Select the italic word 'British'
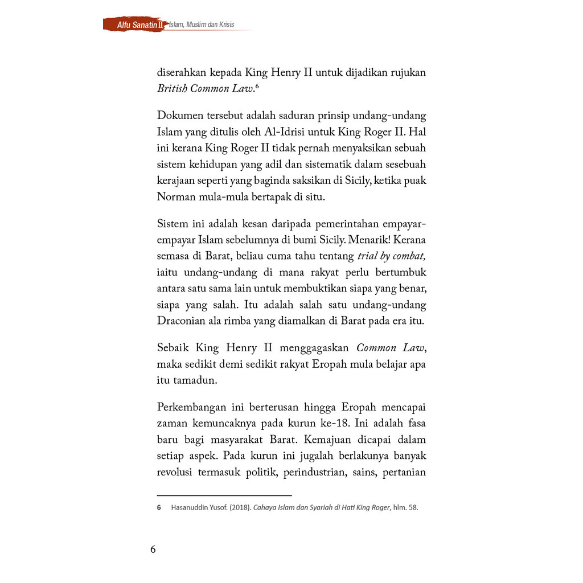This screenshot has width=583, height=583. pyautogui.click(x=171, y=88)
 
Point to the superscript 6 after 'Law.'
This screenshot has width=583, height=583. pyautogui.click(x=257, y=86)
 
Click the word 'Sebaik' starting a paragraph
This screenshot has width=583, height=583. pyautogui.click(x=174, y=348)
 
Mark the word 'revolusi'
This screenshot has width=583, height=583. pyautogui.click(x=174, y=472)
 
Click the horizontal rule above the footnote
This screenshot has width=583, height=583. pyautogui.click(x=224, y=495)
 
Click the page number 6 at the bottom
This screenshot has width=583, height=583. pyautogui.click(x=153, y=549)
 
